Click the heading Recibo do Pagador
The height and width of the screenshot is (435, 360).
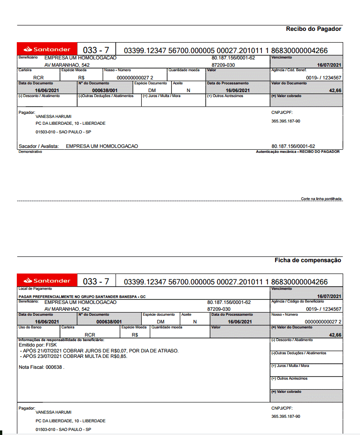(x=313, y=29)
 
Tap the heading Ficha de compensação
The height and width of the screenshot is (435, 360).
(x=308, y=260)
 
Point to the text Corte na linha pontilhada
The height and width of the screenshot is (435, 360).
(x=321, y=199)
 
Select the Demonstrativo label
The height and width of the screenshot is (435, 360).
(x=30, y=152)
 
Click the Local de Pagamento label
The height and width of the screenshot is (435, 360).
(x=35, y=288)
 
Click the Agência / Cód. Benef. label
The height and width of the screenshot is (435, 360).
(x=289, y=70)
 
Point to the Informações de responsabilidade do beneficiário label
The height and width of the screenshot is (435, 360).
(x=61, y=340)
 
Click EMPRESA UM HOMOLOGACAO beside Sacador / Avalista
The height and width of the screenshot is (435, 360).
(x=102, y=146)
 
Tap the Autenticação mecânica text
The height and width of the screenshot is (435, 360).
(x=297, y=152)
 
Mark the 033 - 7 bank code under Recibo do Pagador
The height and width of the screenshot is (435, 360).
(x=96, y=50)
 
